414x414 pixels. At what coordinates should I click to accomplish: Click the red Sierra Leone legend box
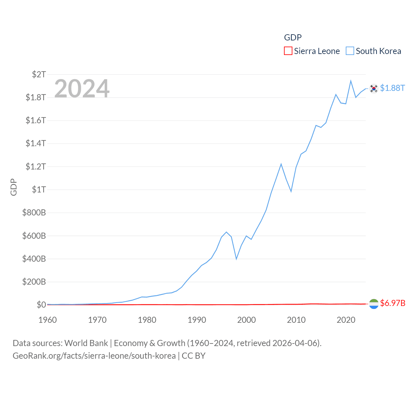(288, 51)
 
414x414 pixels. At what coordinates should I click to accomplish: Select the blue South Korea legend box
(350, 51)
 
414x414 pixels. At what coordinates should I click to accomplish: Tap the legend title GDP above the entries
(293, 38)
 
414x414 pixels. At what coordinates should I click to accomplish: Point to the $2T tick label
(39, 74)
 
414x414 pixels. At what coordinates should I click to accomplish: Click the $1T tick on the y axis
(39, 190)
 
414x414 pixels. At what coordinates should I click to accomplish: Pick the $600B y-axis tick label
(34, 236)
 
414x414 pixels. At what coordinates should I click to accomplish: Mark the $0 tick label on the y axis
(41, 305)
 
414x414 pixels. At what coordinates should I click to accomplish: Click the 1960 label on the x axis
(48, 320)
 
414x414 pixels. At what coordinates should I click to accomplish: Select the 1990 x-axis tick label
(197, 320)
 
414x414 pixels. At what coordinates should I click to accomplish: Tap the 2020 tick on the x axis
(346, 320)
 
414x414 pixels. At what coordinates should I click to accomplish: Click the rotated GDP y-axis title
(14, 187)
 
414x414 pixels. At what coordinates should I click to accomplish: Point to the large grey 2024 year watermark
(82, 89)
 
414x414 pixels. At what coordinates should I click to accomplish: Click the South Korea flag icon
(374, 88)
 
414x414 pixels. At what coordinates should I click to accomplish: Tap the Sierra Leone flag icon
(374, 304)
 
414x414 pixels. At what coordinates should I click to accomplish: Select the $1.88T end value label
(392, 88)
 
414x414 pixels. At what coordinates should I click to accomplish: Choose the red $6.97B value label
(393, 303)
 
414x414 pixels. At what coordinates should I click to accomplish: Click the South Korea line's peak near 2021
(351, 81)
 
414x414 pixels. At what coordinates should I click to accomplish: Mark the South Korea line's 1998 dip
(236, 259)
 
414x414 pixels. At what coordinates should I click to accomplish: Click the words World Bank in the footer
(86, 343)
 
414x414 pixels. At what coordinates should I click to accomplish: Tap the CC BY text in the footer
(193, 356)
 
